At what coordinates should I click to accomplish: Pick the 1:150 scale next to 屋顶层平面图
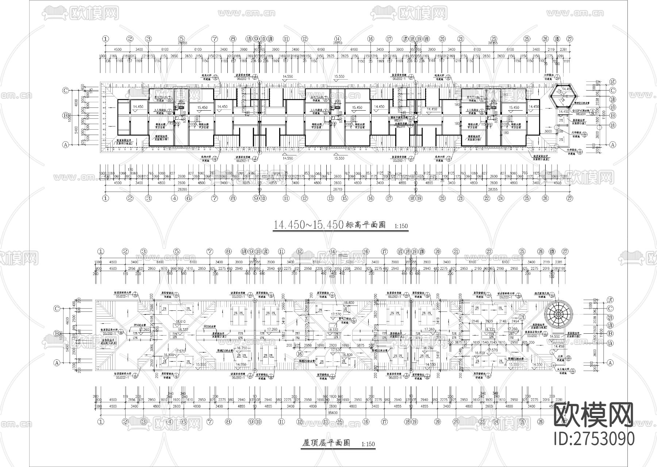[368, 444]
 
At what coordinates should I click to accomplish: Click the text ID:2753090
[594, 438]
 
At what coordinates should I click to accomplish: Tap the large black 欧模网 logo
[594, 415]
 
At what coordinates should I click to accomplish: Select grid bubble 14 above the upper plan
[338, 39]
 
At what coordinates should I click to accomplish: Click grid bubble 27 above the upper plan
[569, 39]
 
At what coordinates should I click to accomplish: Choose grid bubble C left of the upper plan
[66, 91]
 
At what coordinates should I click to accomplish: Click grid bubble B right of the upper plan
[613, 115]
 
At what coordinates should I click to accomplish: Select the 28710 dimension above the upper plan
[337, 43]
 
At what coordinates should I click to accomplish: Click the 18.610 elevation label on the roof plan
[180, 322]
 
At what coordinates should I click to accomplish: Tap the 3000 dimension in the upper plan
[548, 131]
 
